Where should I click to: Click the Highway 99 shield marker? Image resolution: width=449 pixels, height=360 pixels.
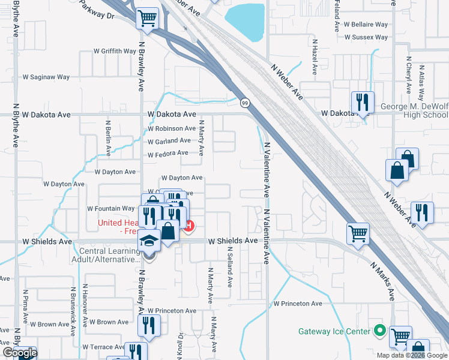coord(245,103)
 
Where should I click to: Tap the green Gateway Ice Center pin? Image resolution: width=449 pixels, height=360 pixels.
coord(379,331)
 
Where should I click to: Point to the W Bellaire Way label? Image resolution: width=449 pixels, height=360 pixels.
coord(366,25)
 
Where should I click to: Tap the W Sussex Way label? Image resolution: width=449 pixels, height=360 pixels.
coord(366,37)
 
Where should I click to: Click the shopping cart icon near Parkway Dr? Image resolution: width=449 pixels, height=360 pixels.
coord(146,18)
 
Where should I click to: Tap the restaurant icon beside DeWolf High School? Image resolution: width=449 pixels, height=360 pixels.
coord(363,103)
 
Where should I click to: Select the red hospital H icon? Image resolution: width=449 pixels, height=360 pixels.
coord(189,226)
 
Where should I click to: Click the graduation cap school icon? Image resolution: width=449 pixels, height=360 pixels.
coord(149,241)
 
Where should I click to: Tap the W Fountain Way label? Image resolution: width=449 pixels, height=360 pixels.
coord(111,209)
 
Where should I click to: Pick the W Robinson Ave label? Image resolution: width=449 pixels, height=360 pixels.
coord(172,128)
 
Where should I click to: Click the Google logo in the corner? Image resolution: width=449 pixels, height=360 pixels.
coord(19,353)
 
